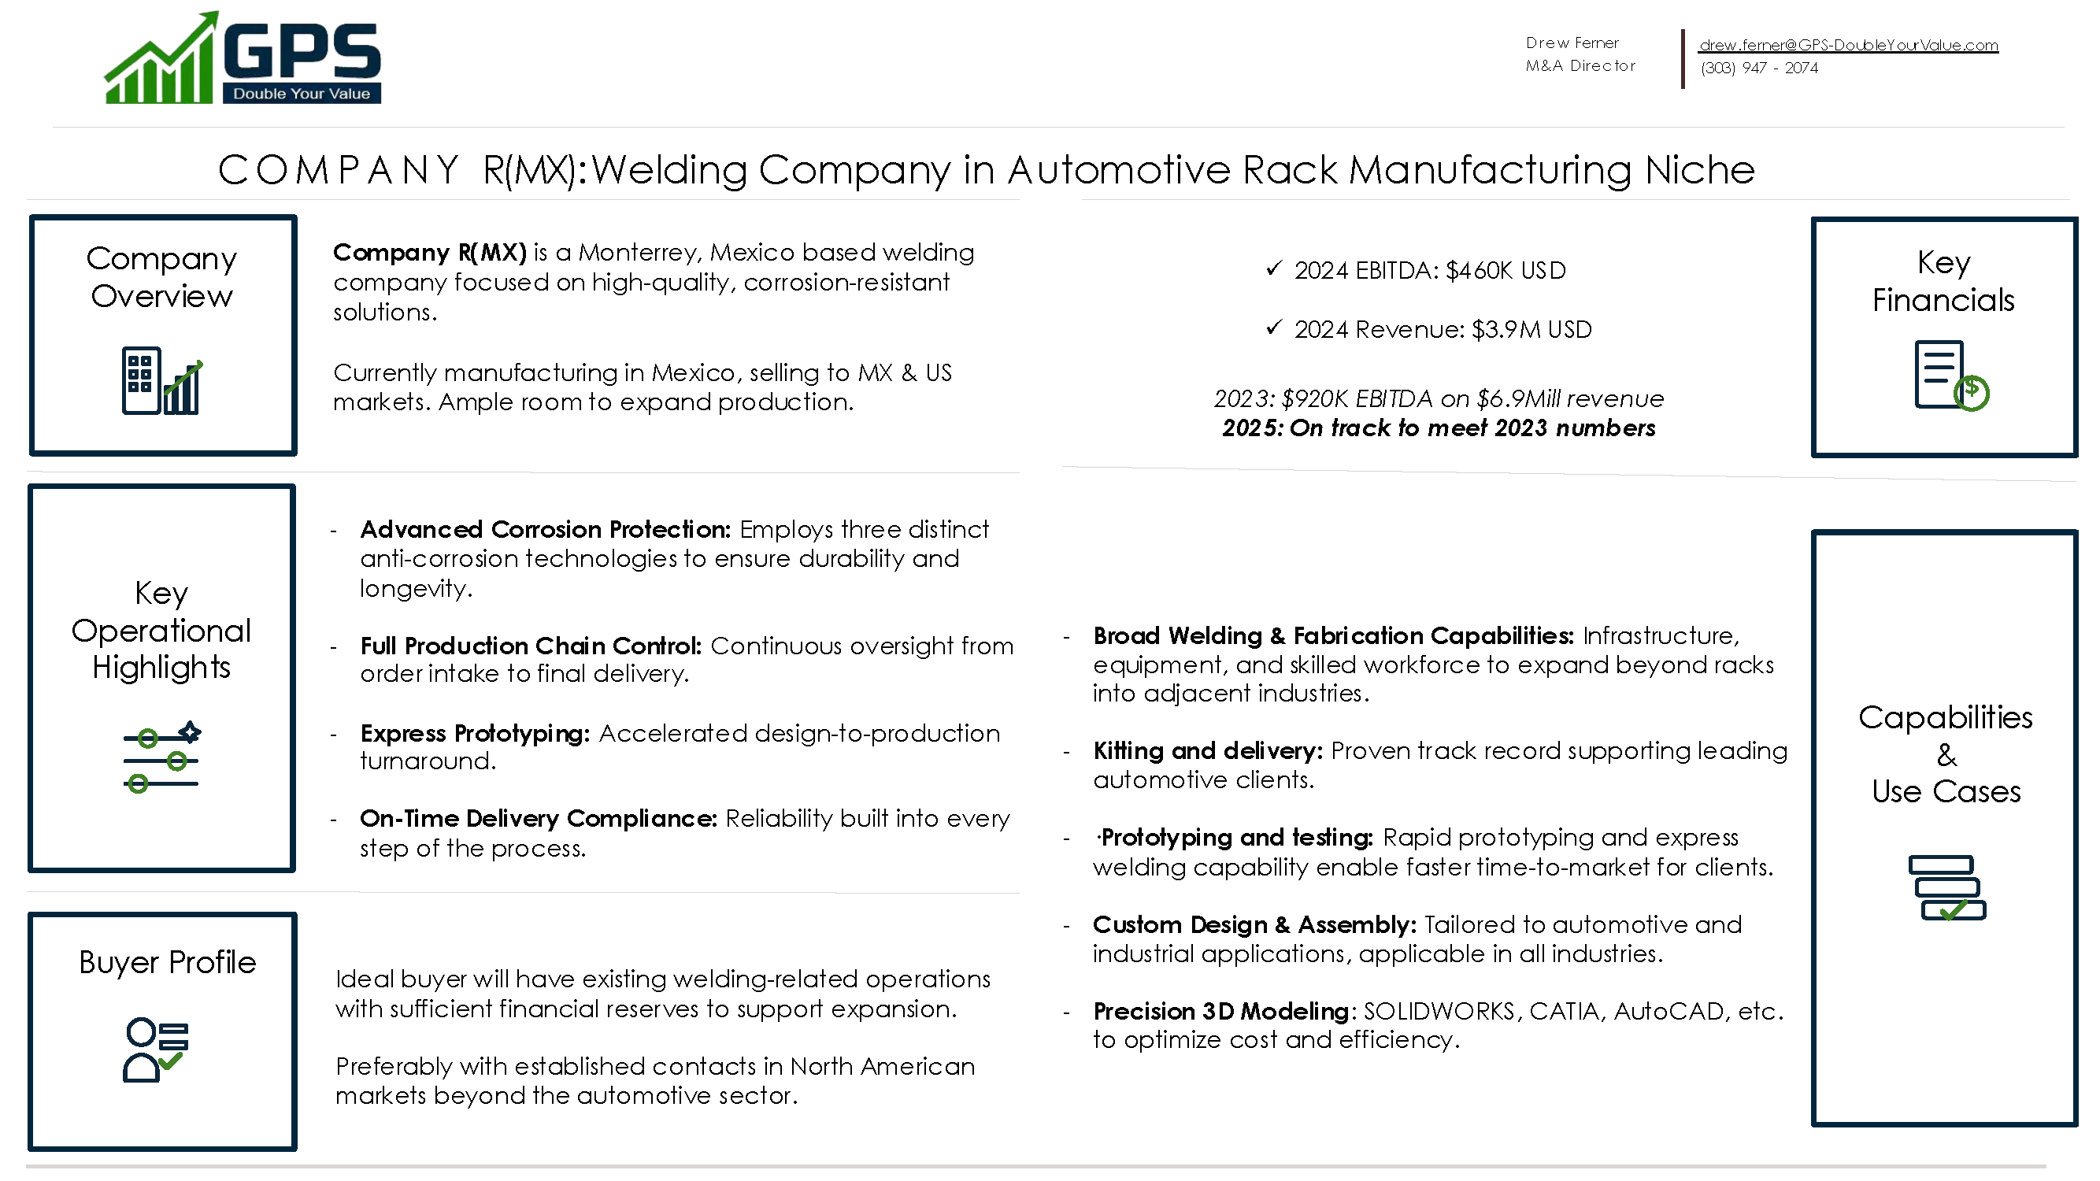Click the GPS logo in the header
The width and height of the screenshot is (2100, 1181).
[242, 59]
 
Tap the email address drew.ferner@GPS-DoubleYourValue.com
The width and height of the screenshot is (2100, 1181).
[1848, 45]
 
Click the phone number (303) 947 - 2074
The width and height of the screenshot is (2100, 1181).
[1758, 68]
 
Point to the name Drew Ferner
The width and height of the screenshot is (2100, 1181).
[1572, 43]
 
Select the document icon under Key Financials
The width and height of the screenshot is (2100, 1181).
[1949, 376]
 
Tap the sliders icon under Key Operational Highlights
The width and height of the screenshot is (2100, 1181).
[161, 757]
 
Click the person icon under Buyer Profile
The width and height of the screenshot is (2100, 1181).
[154, 1050]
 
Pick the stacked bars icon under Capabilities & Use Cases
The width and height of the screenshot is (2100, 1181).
[1946, 887]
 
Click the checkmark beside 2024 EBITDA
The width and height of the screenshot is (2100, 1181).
[1273, 268]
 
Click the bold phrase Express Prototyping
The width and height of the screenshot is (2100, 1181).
[475, 734]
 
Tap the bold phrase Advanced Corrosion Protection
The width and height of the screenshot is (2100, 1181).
[545, 530]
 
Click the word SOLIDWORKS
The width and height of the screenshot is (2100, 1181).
[1438, 1012]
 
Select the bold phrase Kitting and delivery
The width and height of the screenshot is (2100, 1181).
[1207, 750]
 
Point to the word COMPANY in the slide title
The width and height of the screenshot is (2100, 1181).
[339, 170]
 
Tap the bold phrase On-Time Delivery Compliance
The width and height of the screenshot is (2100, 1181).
[538, 818]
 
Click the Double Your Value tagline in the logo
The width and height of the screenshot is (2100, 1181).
[301, 94]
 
